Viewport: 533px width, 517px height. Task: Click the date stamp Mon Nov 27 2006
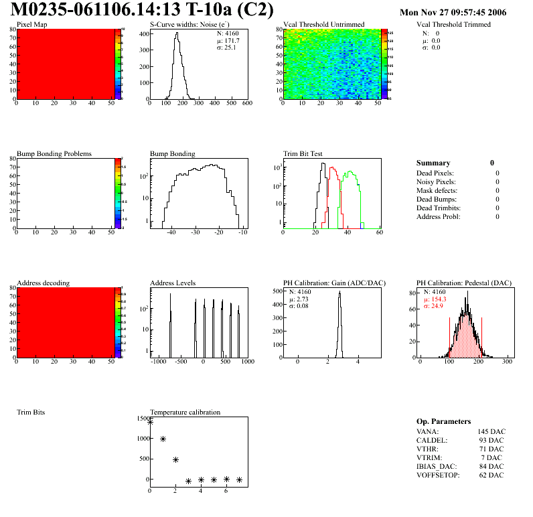click(453, 12)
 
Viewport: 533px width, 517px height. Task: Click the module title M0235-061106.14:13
click(119, 10)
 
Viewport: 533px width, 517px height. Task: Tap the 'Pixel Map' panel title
click(31, 24)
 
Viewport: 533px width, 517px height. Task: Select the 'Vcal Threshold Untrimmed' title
click(324, 24)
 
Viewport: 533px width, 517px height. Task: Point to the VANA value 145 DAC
click(491, 431)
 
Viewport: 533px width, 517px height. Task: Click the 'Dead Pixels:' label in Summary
click(436, 173)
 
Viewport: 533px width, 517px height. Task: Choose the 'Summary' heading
click(433, 163)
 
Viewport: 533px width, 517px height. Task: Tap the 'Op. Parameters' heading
click(443, 421)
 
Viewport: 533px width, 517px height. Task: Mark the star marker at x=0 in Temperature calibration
click(150, 422)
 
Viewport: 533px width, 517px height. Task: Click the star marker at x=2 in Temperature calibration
click(175, 459)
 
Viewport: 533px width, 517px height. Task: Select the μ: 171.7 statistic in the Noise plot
click(229, 40)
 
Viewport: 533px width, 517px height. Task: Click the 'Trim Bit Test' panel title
click(303, 153)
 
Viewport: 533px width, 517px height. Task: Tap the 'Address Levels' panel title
click(173, 283)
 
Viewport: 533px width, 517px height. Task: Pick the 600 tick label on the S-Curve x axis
click(246, 103)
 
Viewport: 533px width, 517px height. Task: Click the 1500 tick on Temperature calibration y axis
click(142, 419)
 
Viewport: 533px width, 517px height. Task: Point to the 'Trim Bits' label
click(31, 412)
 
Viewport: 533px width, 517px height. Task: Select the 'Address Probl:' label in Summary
click(439, 216)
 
